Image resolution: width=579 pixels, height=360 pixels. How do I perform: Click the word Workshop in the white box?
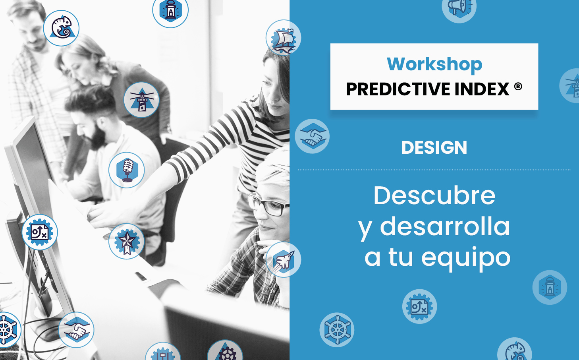pos(434,64)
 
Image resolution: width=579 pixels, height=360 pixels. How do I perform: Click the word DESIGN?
pos(434,148)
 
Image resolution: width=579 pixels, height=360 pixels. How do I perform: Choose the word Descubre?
pos(434,195)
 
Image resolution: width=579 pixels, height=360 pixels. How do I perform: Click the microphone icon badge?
pos(126,170)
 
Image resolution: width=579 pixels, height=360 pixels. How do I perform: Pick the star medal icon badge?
pos(126,241)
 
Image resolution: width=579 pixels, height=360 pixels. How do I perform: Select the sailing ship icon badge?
pos(283,37)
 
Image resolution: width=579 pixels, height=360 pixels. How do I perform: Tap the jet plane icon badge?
pos(283,259)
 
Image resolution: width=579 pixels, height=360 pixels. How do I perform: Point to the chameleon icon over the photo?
pos(61,28)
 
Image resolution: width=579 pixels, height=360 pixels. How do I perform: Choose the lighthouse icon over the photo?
pos(142,100)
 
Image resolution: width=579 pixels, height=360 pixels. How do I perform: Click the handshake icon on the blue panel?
pos(312,136)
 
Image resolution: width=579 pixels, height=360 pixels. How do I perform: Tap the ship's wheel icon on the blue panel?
pos(337,330)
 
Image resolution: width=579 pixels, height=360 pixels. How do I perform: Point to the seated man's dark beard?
pos(97,137)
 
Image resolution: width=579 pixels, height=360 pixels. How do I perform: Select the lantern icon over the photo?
pos(170,10)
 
